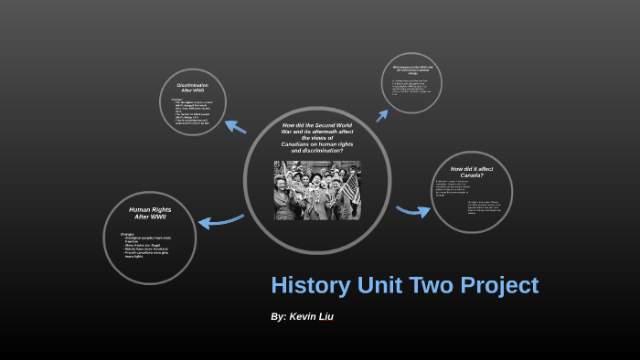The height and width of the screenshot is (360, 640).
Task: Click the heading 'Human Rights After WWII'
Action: (x=150, y=213)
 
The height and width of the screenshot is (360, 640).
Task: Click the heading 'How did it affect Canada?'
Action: (x=473, y=173)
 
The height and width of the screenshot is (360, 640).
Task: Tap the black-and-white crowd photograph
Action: (x=316, y=190)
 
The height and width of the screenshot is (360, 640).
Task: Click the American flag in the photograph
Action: (x=350, y=186)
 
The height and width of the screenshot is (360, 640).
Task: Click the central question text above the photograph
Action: (x=317, y=137)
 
